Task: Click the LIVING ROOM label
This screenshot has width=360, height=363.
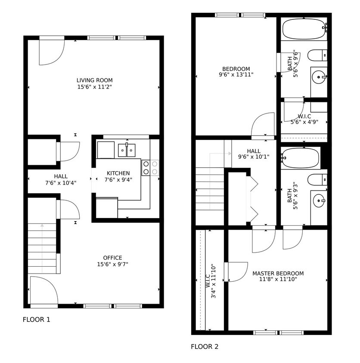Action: [94, 80]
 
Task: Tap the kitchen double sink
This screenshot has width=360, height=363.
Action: [127, 150]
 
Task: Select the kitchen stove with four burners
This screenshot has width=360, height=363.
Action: [150, 168]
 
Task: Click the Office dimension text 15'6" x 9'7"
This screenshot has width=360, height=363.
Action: [112, 265]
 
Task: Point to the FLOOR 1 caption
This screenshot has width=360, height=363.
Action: [36, 320]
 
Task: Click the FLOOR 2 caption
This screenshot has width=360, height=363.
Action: [205, 347]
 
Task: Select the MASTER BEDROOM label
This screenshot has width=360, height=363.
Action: [278, 274]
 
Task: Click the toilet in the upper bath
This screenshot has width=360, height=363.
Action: [317, 55]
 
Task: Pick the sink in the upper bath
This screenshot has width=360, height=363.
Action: [319, 79]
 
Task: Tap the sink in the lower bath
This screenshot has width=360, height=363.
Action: [318, 200]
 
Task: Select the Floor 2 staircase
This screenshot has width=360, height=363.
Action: [210, 189]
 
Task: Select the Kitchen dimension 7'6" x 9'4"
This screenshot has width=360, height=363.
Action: [118, 180]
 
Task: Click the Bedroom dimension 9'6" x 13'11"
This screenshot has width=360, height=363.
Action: [236, 74]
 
